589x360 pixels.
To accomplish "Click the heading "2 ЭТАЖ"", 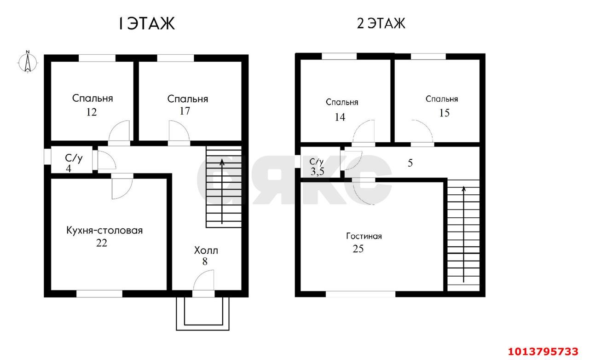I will (x=381, y=23).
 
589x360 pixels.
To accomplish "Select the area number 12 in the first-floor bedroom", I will (x=91, y=112).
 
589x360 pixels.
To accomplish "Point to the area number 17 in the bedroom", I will (x=185, y=111).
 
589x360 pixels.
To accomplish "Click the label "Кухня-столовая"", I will (x=104, y=230).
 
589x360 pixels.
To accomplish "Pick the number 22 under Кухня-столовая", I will (x=102, y=243).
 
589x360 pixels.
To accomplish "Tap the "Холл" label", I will (x=206, y=251).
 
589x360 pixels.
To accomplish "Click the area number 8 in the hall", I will (x=205, y=261).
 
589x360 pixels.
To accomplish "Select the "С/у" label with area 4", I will (x=73, y=159).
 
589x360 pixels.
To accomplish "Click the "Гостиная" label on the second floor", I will (x=364, y=237).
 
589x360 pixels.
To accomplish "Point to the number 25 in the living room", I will (x=358, y=249).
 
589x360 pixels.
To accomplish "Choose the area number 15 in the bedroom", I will (x=444, y=112).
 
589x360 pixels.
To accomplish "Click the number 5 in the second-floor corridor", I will (x=410, y=163).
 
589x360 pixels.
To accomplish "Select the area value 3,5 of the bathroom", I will (x=317, y=171).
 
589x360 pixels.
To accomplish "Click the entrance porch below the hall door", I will (x=202, y=313).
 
